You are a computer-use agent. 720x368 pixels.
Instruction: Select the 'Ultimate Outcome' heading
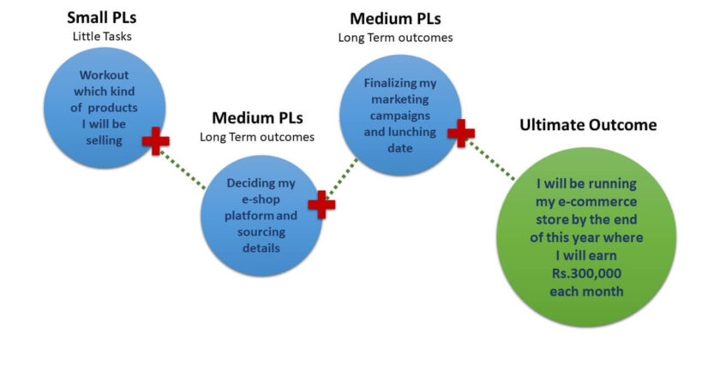click(588, 125)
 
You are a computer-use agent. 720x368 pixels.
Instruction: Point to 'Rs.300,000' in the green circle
click(586, 274)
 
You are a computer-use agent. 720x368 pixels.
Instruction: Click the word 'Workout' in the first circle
click(104, 74)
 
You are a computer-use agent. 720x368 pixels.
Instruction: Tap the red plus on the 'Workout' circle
click(155, 140)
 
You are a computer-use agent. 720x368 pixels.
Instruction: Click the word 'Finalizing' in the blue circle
click(400, 83)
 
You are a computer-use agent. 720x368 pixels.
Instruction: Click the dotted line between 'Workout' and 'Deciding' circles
click(184, 168)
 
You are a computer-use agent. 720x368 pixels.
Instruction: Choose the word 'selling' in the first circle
click(104, 139)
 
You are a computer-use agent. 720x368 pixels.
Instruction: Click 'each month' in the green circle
click(586, 291)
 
